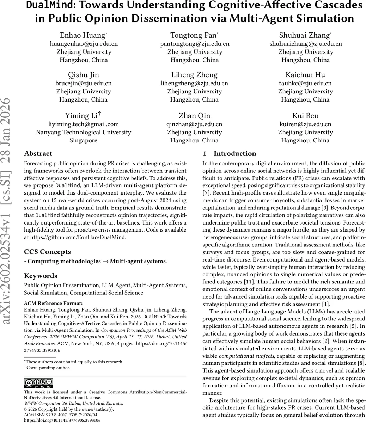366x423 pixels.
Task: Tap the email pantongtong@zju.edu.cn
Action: (195, 44)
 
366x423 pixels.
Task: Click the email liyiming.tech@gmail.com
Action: (84, 124)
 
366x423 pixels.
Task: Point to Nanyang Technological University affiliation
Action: (84, 132)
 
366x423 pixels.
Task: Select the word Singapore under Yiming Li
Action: (84, 140)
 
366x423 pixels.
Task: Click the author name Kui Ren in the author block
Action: (305, 115)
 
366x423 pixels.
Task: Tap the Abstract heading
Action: (38, 153)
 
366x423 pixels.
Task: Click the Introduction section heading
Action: (234, 153)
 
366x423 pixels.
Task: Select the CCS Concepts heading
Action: (47, 252)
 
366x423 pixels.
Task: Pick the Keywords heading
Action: (41, 276)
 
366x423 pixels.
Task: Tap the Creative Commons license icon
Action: (38, 383)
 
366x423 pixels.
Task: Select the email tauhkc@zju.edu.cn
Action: (305, 84)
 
